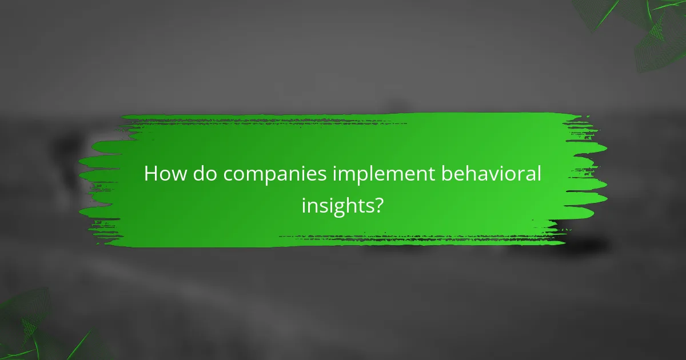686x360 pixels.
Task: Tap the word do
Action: coord(203,174)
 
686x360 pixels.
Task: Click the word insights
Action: coord(337,205)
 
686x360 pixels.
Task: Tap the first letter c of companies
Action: coord(228,175)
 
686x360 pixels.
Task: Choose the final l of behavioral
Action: coord(538,173)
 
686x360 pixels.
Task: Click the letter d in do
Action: coord(197,174)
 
